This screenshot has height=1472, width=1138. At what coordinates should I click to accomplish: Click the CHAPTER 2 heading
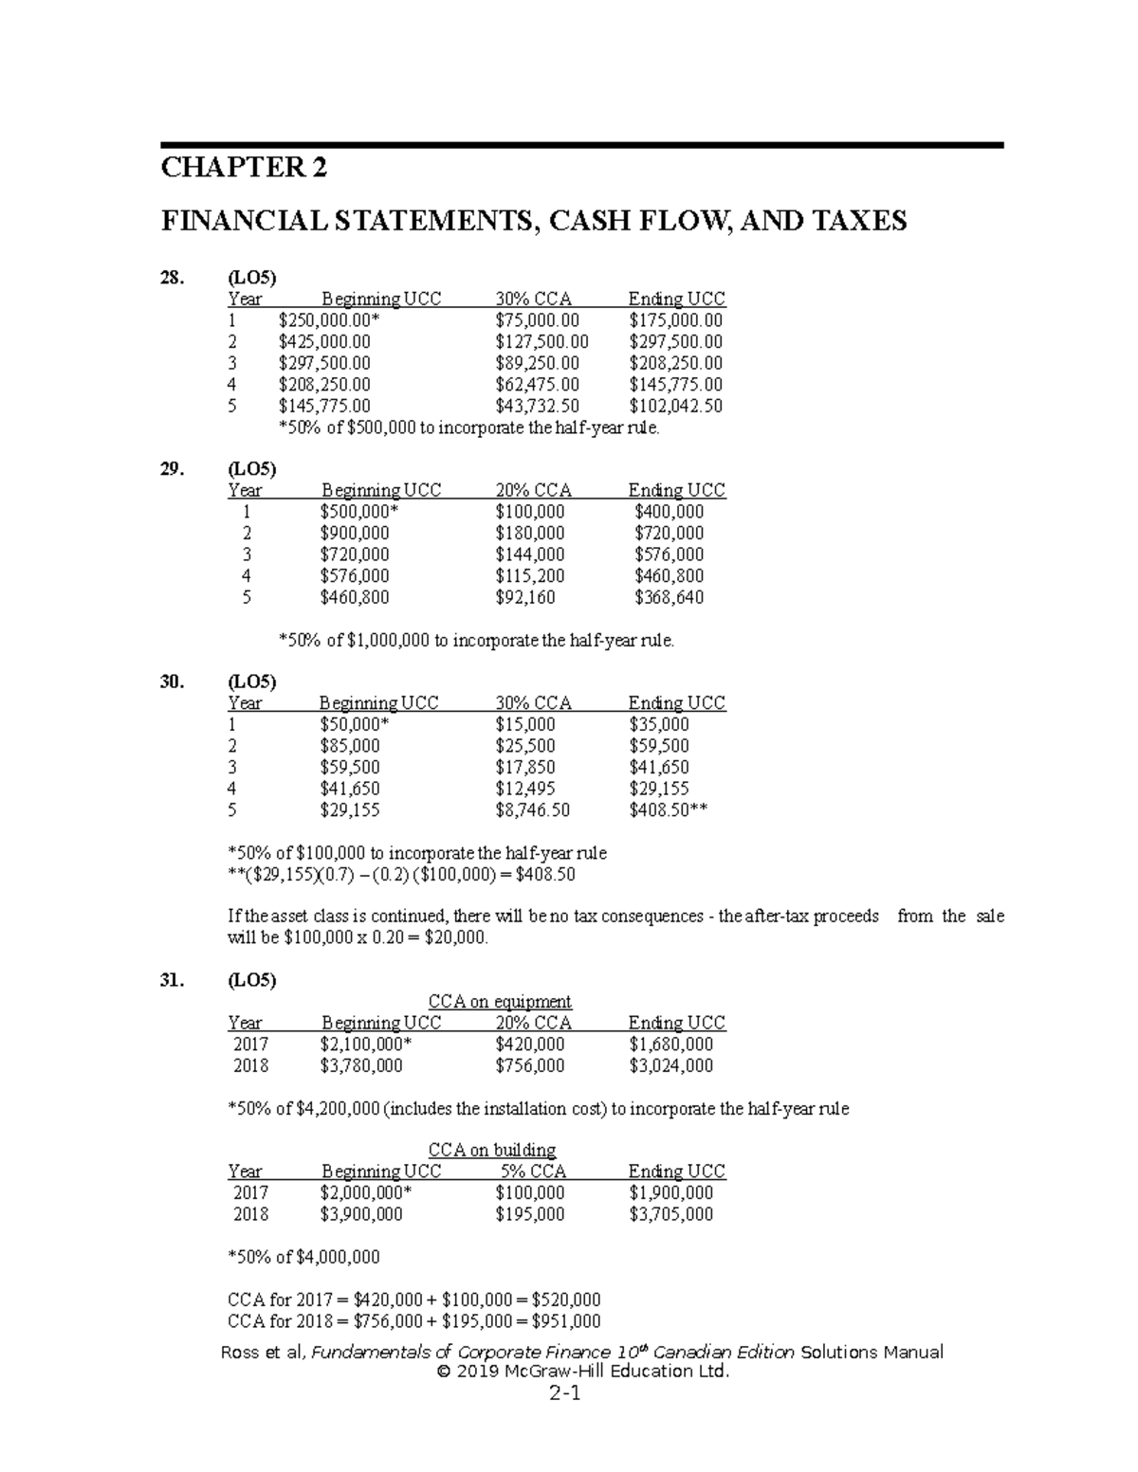tap(244, 169)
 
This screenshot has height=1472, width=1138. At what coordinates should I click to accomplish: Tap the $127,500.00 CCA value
tap(541, 342)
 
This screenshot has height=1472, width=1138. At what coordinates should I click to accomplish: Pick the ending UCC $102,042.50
tap(675, 407)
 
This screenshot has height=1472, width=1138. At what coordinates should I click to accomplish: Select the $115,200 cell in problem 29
tap(529, 576)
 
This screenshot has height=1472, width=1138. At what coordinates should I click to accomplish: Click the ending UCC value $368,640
tap(669, 598)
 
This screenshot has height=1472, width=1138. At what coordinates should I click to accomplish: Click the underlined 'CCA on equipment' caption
tap(500, 1002)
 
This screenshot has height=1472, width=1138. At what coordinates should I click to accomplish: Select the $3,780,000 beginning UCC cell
tap(361, 1066)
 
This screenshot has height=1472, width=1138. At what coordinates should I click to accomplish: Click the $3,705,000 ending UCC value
tap(670, 1215)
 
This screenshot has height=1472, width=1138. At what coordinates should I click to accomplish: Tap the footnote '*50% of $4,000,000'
tap(303, 1258)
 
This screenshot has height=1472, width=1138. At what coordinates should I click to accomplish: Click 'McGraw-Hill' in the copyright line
tap(532, 1372)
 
